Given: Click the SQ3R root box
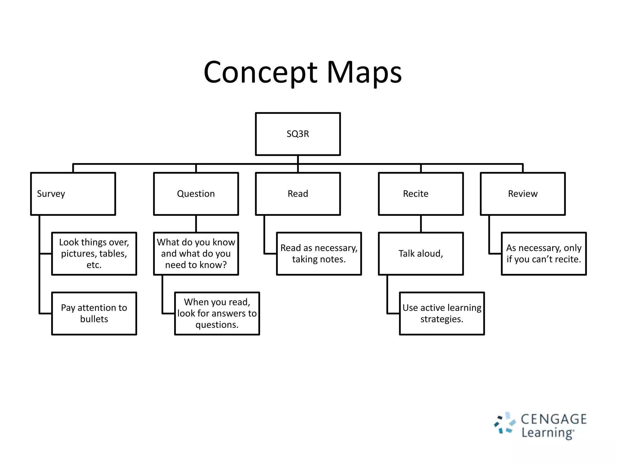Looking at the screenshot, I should pyautogui.click(x=298, y=134).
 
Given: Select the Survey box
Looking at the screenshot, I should pyautogui.click(x=73, y=194).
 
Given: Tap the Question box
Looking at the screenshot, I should pyautogui.click(x=196, y=194).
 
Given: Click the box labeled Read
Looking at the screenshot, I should pyautogui.click(x=298, y=194).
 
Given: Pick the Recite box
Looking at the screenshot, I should pyautogui.click(x=421, y=194).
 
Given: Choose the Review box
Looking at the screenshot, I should pyautogui.click(x=522, y=194).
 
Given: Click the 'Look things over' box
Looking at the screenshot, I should pyautogui.click(x=94, y=254).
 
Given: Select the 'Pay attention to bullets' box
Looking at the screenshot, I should pyautogui.click(x=94, y=313).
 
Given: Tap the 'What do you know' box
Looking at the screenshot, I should pyautogui.click(x=196, y=254).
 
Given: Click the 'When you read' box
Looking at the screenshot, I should pyautogui.click(x=217, y=313).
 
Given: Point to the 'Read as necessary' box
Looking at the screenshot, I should pyautogui.click(x=319, y=254).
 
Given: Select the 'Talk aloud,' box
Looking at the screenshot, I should pyautogui.click(x=421, y=254).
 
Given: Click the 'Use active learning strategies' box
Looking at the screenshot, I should pyautogui.click(x=442, y=313).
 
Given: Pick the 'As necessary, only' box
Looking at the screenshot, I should pyautogui.click(x=543, y=254).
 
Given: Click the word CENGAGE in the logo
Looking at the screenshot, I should pyautogui.click(x=554, y=419).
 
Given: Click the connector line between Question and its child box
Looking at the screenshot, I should pyautogui.click(x=196, y=224).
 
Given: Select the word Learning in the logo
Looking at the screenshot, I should pyautogui.click(x=547, y=433).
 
